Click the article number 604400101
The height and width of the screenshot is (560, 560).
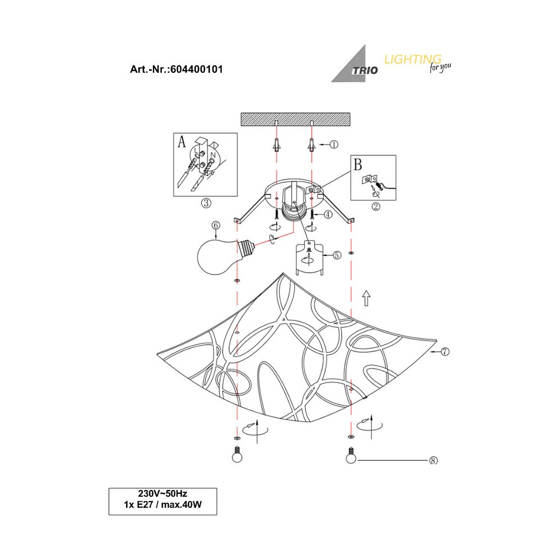coord(197,69)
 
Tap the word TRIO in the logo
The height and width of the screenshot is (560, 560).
coord(365,71)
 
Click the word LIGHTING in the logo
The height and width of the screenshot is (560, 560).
coord(413,59)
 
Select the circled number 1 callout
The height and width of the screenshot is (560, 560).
coord(334,144)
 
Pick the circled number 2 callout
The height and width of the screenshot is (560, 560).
coord(376,207)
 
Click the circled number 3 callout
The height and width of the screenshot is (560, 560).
coord(206,203)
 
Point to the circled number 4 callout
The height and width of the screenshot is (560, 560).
coord(328,214)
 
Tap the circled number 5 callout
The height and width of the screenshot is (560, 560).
coord(337,255)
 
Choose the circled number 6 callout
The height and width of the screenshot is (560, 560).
coord(216,225)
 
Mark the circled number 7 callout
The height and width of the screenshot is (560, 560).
coord(445,352)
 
